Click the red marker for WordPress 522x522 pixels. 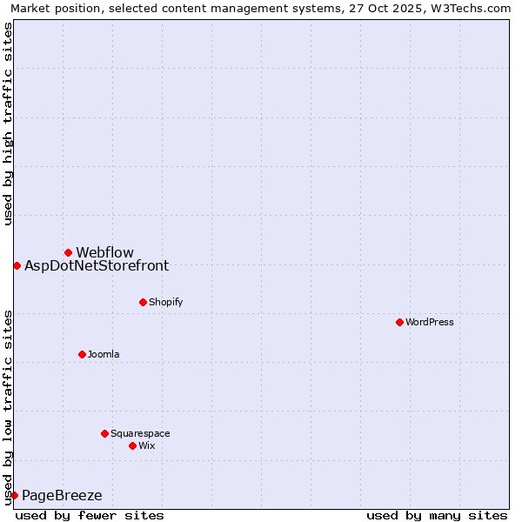[399, 322]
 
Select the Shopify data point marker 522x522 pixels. [143, 302]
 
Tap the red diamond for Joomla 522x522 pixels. [82, 354]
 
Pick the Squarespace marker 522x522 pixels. [104, 433]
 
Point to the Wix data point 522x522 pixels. [132, 445]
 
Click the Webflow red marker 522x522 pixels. [68, 252]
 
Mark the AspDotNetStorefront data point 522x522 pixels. [17, 265]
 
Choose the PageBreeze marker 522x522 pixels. [14, 495]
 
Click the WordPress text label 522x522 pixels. [430, 323]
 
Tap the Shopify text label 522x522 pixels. [165, 303]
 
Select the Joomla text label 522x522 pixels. [104, 355]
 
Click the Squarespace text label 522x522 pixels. [140, 434]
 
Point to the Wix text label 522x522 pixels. [147, 446]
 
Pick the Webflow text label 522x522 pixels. [104, 253]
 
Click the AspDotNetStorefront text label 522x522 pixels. [97, 266]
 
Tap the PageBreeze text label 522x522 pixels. [62, 496]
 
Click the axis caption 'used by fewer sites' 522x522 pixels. [90, 515]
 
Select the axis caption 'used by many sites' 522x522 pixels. [437, 515]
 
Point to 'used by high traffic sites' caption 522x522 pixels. [8, 124]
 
